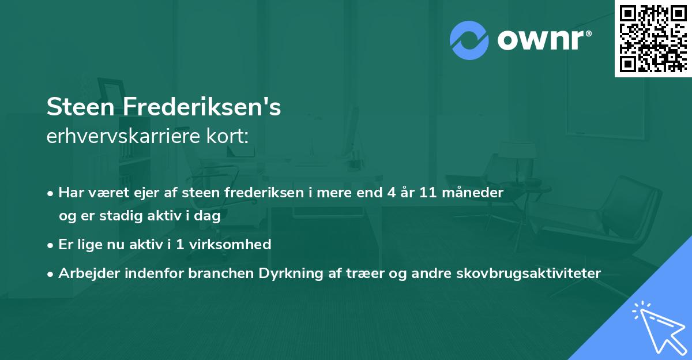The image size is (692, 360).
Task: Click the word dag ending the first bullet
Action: click(x=210, y=216)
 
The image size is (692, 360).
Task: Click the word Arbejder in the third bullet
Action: click(x=85, y=273)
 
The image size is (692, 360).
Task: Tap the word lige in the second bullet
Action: click(x=87, y=244)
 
